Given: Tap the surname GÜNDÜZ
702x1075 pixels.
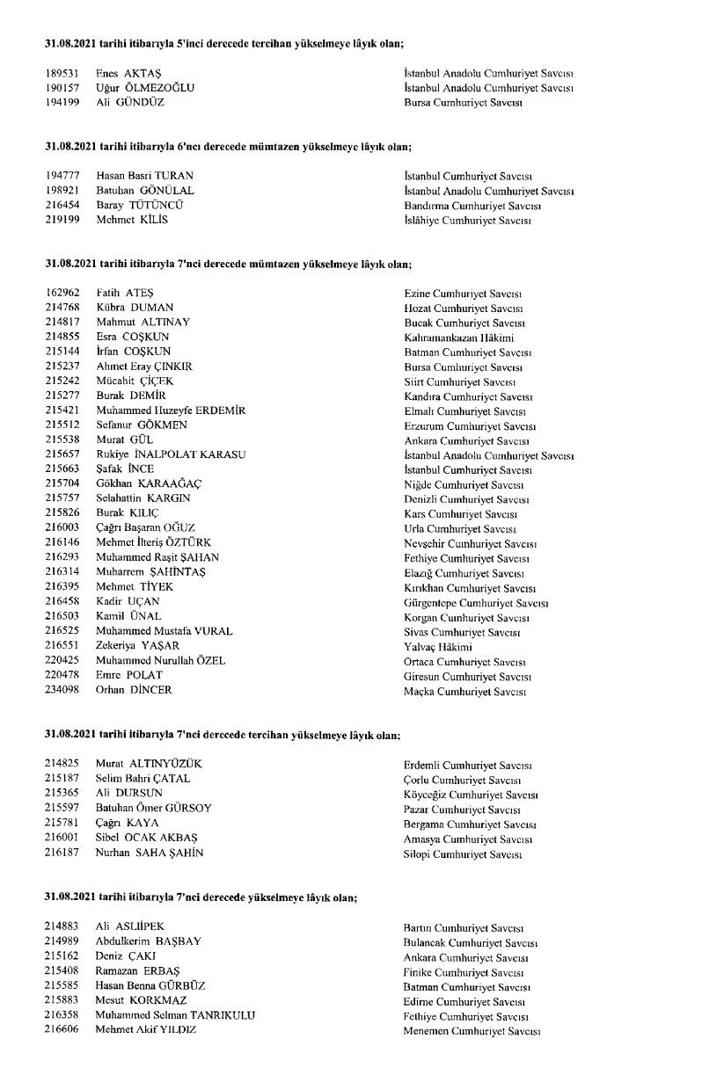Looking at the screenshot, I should pos(143,102).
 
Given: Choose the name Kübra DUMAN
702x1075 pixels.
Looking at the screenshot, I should pos(135,308).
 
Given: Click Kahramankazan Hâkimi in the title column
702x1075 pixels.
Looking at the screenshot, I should pos(459,338).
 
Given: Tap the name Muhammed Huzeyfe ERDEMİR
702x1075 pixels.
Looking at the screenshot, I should pos(171,410).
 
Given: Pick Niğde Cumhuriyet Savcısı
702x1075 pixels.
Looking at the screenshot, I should pos(464,484).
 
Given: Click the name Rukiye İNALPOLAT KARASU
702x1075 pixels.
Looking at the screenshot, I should pos(171,454).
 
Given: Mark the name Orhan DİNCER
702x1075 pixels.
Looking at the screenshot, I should pos(134,690).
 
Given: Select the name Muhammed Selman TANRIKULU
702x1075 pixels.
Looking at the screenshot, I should pos(175,1014).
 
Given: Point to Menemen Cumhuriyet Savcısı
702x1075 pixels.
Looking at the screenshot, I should pos(472,1030).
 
